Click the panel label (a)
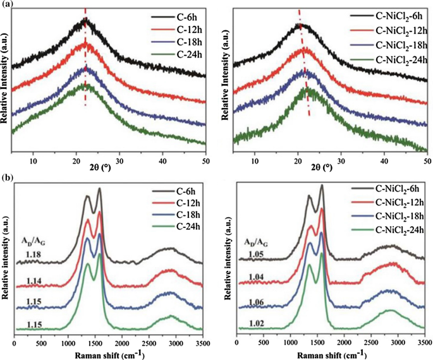tap(8, 5)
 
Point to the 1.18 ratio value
tap(35, 253)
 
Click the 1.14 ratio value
tap(35, 280)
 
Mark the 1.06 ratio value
tap(255, 303)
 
